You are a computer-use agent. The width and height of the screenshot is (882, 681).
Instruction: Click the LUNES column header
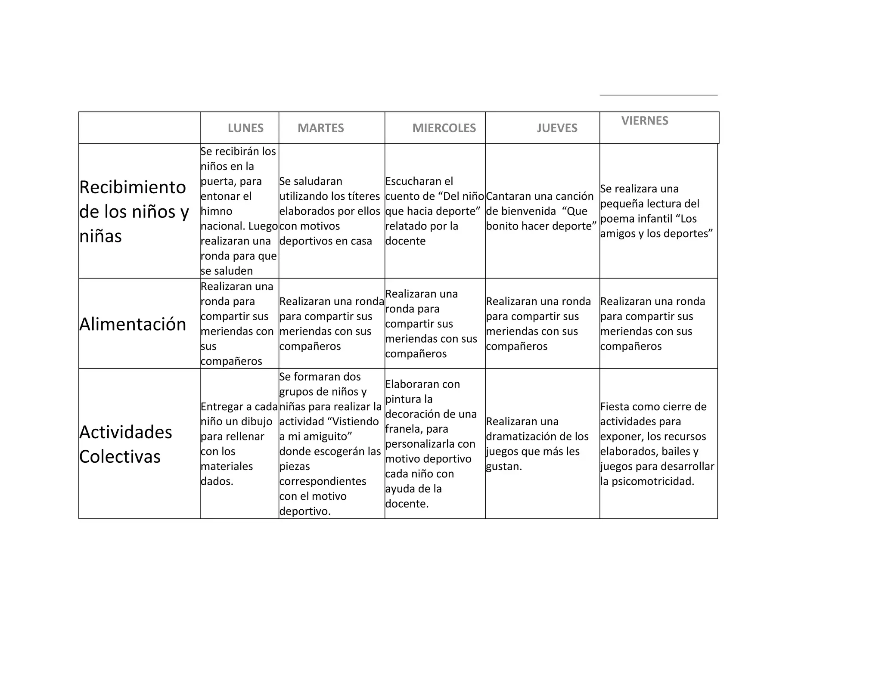tap(245, 128)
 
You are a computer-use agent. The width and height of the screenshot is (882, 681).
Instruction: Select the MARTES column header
tap(320, 128)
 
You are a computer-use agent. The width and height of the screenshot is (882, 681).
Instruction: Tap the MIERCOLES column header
tap(444, 128)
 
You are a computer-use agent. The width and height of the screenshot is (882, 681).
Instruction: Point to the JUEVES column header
tap(557, 128)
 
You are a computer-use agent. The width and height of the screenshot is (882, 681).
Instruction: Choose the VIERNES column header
tap(645, 121)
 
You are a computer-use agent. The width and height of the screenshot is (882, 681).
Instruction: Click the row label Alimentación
tap(133, 324)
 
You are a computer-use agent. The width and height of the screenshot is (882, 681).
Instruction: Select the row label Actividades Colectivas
tap(125, 444)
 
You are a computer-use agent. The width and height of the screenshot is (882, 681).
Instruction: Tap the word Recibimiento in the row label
tap(133, 187)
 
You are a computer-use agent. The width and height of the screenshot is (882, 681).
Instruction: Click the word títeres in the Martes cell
tap(363, 196)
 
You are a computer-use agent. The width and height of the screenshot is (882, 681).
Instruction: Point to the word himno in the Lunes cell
tap(216, 211)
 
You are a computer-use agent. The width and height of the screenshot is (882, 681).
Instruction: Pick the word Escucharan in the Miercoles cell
tap(413, 181)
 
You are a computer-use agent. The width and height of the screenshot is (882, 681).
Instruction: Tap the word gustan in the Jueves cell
tap(503, 467)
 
